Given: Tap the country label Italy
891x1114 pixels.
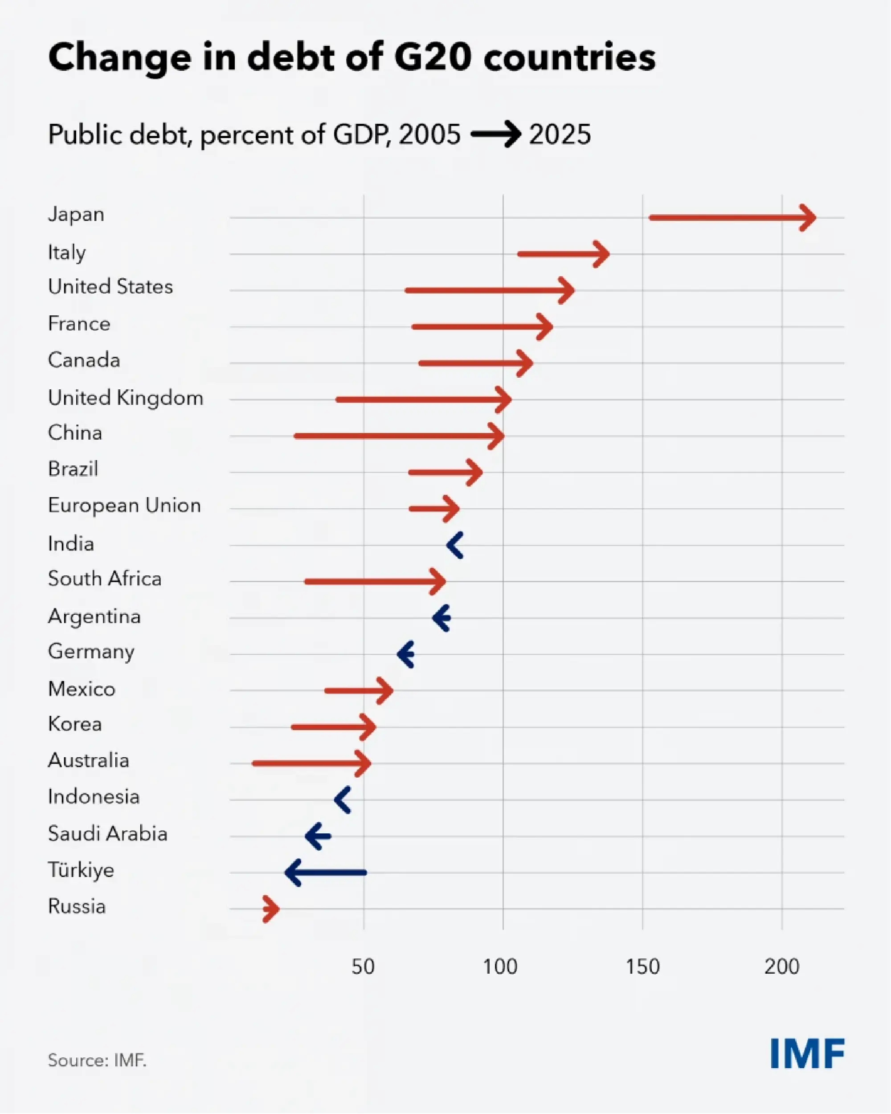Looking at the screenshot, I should coord(67,252).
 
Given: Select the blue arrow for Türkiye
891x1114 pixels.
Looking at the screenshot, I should coord(326,873).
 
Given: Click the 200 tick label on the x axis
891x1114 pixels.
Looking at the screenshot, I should coord(781,966).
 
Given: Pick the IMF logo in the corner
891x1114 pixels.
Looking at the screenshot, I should coord(807,1053).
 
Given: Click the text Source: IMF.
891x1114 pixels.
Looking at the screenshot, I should coord(97,1060).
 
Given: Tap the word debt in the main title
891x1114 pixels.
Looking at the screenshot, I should coord(291,57).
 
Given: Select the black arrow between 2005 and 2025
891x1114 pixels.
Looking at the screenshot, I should coord(495,135).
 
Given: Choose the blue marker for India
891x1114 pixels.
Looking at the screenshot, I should coord(455,545).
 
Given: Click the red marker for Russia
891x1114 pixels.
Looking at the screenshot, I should coord(270,909).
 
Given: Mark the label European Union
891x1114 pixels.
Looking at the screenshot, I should coord(124,505).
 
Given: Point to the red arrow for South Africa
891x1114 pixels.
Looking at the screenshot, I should coord(375,581).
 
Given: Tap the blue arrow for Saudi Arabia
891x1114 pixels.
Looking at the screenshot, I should coord(318,836).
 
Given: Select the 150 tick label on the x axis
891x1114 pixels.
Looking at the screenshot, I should coord(642,966).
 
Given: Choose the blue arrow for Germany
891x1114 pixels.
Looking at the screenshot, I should coord(406,654).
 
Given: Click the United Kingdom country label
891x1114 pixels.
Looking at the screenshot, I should coord(126,398).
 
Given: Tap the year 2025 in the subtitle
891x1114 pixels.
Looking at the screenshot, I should coord(560,135).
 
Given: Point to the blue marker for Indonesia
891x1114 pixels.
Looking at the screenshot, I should coord(343,800).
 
